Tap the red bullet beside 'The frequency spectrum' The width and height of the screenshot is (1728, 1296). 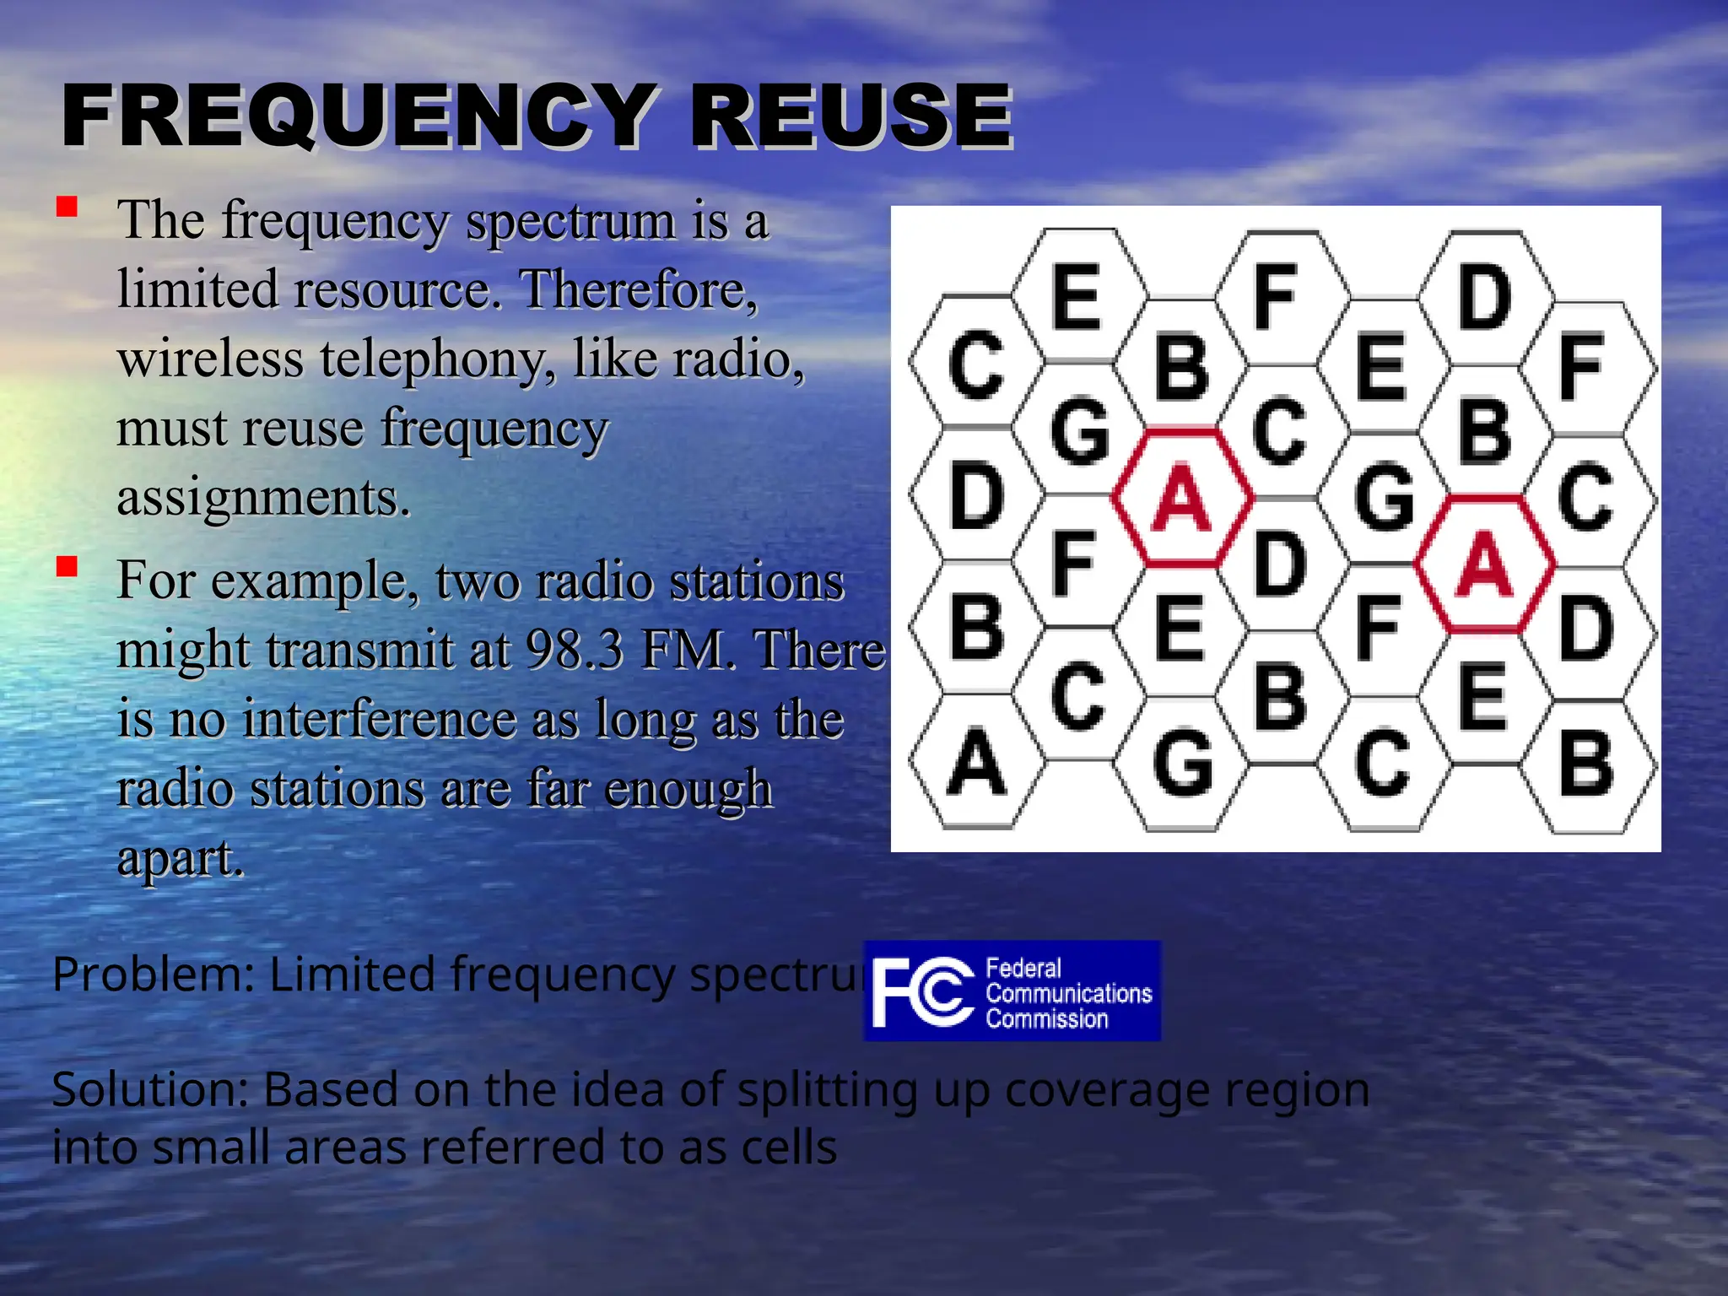click(x=67, y=207)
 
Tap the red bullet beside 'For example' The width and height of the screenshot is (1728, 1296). click(x=67, y=566)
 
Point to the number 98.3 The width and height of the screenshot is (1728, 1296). click(x=575, y=650)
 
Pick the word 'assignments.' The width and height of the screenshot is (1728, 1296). click(x=263, y=497)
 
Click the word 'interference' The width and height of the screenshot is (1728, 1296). click(x=381, y=719)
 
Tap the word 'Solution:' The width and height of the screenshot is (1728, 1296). click(x=150, y=1089)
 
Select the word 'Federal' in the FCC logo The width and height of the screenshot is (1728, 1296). click(x=1023, y=968)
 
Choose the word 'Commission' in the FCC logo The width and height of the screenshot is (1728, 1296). click(x=1047, y=1019)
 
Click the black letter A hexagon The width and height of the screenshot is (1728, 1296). click(x=977, y=763)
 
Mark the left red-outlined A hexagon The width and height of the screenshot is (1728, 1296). click(x=1181, y=498)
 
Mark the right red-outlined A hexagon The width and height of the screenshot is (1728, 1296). click(x=1485, y=564)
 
